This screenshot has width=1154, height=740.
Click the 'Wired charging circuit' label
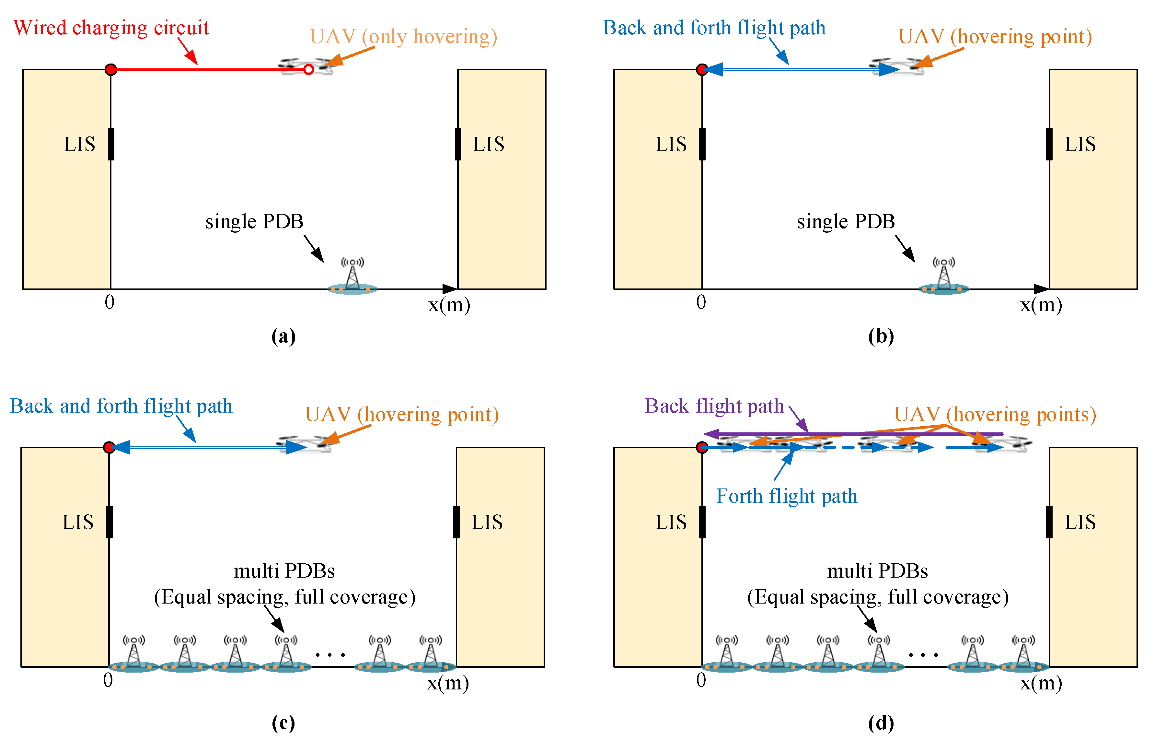tap(111, 28)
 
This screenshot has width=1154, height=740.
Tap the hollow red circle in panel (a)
tap(308, 70)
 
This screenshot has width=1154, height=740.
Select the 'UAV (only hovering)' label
tap(403, 37)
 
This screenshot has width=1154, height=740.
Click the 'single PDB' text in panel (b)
tap(846, 221)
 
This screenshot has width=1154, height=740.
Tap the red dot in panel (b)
tap(702, 70)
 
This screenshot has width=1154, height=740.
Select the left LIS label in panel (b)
tap(671, 144)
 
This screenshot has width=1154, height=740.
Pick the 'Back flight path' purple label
tap(714, 406)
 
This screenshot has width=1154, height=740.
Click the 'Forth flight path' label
tap(787, 496)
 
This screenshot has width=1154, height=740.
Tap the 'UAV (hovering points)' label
tap(995, 414)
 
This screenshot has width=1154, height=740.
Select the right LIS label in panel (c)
tap(487, 522)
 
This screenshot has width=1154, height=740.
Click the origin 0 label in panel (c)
tap(108, 680)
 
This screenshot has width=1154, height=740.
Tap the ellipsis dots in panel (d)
tap(923, 654)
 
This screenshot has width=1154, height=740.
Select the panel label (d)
tap(881, 723)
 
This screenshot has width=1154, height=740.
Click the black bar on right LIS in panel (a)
tap(458, 144)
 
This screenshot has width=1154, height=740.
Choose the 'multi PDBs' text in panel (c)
tap(284, 571)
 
